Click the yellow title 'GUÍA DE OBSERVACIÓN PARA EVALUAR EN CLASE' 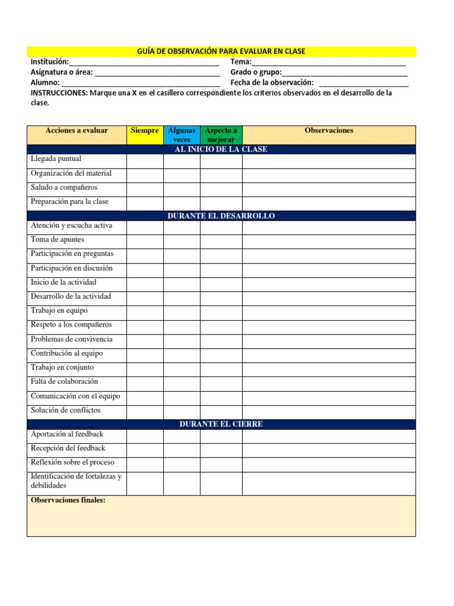point(221,51)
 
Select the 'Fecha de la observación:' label point(272,83)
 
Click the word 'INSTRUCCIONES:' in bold point(59,93)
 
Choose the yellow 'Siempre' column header point(145,131)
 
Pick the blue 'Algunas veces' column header point(181,135)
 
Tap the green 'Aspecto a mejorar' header point(221,135)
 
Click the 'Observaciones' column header point(329,131)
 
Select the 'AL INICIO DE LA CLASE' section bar point(221,149)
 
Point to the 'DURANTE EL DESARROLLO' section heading point(221,216)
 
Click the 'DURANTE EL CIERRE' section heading point(221,424)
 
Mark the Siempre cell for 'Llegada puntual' point(145,160)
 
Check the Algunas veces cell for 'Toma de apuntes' point(181,240)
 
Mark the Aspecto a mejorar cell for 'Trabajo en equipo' point(221,311)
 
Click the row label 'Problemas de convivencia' point(71,340)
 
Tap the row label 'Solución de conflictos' point(65,411)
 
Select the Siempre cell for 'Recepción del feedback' point(145,449)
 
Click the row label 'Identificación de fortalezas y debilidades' point(75,481)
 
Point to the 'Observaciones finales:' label point(67,501)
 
